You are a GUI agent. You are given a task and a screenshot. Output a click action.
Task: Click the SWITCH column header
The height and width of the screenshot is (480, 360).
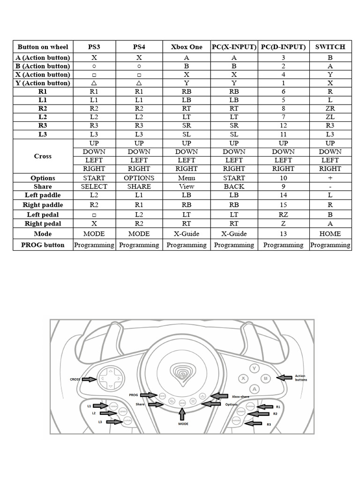(330, 47)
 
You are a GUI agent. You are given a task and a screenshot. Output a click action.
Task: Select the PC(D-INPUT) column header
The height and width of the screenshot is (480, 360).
(283, 47)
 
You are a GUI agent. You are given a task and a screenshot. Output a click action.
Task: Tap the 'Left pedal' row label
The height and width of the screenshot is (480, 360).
(43, 214)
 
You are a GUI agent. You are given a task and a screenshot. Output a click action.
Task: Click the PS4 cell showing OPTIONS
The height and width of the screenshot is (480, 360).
(139, 178)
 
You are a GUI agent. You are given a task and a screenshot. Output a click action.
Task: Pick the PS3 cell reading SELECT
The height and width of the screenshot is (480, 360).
(94, 187)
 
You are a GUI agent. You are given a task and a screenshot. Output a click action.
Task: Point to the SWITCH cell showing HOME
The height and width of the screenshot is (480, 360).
(330, 234)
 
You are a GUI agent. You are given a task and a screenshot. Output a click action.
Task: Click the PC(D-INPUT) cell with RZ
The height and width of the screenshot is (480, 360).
(283, 214)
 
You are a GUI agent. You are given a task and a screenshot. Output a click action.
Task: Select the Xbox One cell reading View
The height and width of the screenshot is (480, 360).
(186, 187)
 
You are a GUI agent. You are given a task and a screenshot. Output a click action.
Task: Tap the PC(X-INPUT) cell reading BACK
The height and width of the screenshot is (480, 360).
(234, 187)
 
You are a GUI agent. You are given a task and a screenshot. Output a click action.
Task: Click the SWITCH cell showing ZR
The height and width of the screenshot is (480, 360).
(330, 108)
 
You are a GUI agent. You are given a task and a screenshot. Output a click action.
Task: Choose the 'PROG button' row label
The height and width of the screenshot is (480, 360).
(43, 245)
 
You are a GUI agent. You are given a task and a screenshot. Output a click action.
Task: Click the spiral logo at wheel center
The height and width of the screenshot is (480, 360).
(182, 373)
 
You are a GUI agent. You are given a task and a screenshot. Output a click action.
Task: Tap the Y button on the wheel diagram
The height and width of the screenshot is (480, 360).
(255, 368)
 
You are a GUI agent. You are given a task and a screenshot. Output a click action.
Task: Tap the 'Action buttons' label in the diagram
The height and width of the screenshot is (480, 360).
(300, 378)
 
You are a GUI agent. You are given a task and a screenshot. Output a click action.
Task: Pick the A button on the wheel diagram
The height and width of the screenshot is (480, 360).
(254, 389)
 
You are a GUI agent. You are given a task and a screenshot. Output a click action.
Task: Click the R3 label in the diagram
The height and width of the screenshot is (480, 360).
(269, 424)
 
